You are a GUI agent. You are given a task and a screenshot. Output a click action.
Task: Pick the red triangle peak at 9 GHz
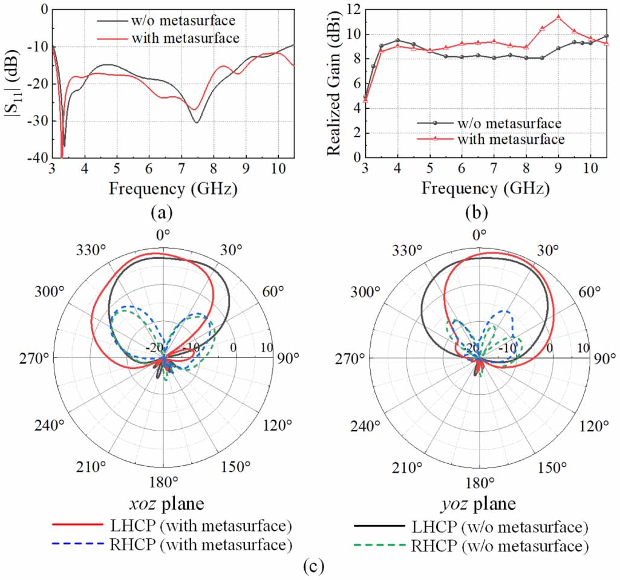[x=558, y=17]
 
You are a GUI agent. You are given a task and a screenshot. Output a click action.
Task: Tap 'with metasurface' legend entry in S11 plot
[x=185, y=38]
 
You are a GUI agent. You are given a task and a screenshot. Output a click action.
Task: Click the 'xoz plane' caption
[x=163, y=504]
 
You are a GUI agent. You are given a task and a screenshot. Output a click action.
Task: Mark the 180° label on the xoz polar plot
[x=163, y=481]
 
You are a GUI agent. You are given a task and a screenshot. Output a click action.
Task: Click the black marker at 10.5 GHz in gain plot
[x=606, y=36]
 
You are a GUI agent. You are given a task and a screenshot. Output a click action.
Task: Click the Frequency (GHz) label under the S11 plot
[x=173, y=189]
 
